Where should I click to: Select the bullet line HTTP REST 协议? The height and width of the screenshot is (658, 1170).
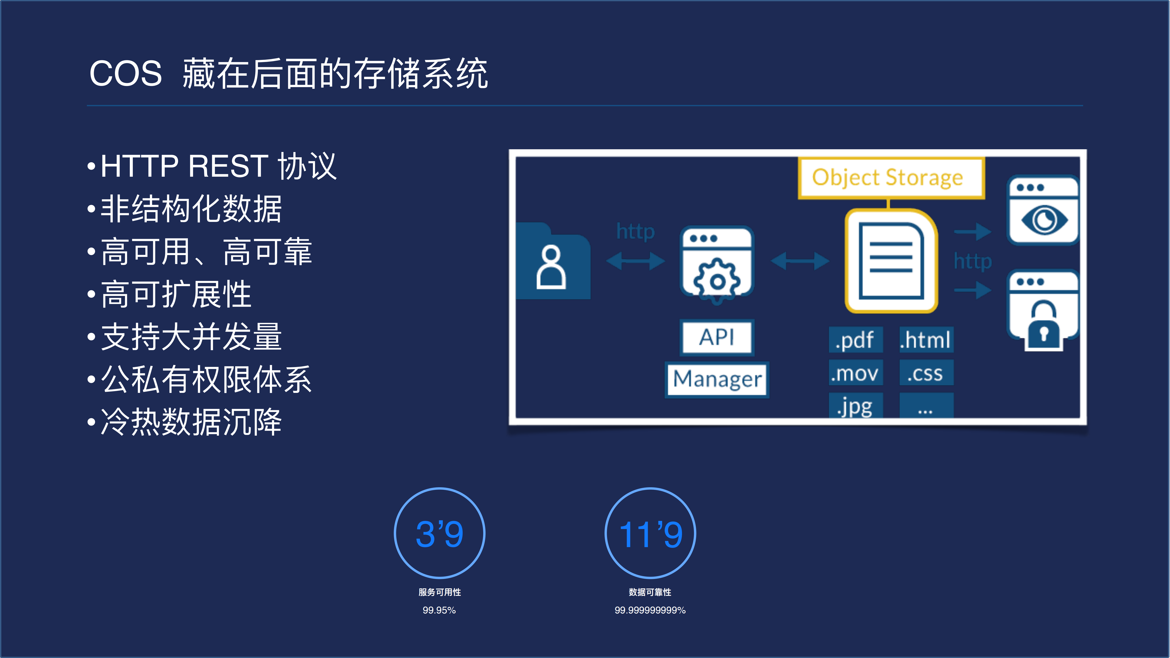[x=218, y=166]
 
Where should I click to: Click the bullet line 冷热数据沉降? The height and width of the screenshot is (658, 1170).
[x=191, y=422]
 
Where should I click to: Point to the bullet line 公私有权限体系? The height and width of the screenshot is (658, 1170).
[x=206, y=379]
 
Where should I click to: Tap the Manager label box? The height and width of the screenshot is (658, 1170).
[x=717, y=379]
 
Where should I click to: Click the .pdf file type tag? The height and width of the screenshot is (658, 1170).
[x=855, y=340]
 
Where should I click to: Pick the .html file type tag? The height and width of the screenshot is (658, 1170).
[x=926, y=340]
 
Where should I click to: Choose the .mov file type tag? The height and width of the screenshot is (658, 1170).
[x=855, y=373]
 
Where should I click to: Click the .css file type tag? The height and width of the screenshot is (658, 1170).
[x=926, y=373]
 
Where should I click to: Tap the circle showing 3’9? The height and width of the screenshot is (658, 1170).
[x=439, y=533]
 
